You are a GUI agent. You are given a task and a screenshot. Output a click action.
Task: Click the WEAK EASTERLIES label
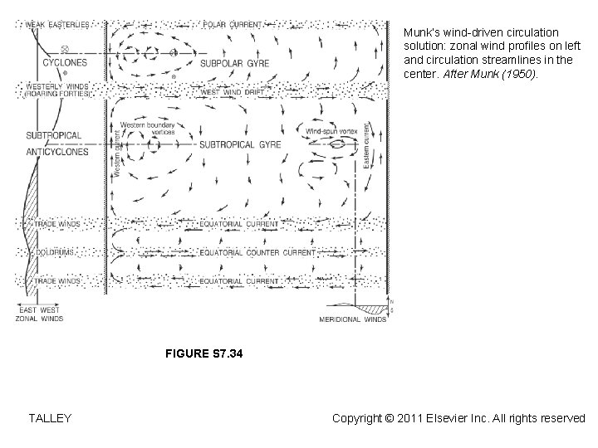[58, 24]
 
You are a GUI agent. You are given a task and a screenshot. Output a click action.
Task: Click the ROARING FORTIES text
[58, 94]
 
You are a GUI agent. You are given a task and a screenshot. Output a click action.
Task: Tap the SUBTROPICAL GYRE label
[240, 144]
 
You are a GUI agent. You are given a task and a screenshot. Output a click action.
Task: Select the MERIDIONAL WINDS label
[352, 317]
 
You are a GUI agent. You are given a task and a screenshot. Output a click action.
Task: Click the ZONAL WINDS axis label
[40, 317]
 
